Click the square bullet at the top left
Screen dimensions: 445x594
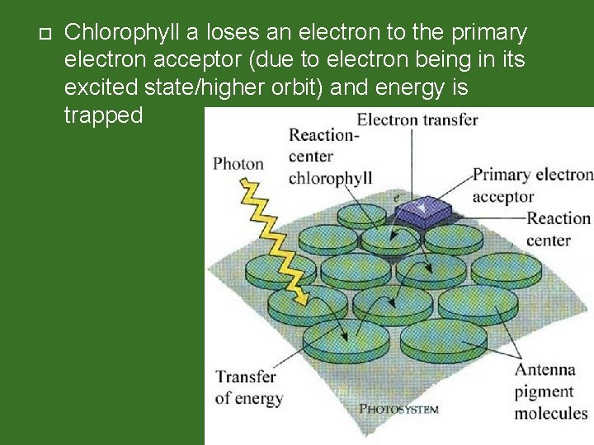(x=45, y=34)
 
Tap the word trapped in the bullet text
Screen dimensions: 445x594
(x=103, y=115)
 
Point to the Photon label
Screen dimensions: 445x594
(x=238, y=163)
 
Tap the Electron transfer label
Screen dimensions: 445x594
(x=417, y=119)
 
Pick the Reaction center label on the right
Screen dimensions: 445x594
(x=559, y=229)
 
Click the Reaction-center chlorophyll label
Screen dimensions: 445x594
(x=329, y=157)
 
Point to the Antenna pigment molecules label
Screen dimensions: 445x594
(x=551, y=391)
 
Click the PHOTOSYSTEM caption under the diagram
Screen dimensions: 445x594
(x=398, y=409)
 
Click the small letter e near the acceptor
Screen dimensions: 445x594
(x=396, y=199)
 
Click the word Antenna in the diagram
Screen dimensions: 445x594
(x=545, y=370)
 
